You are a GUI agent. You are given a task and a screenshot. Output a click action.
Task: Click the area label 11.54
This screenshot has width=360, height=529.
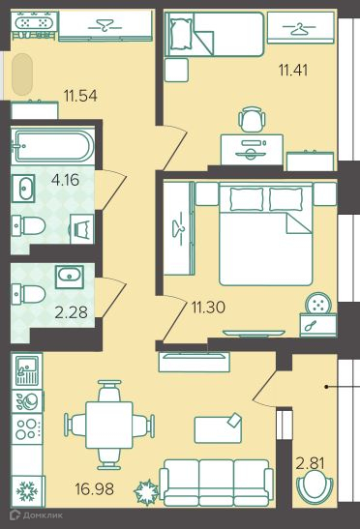tap(80, 96)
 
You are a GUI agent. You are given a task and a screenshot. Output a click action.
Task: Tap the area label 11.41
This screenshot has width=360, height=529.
tap(293, 71)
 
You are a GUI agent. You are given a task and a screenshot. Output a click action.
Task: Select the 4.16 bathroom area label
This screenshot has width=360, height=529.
tap(66, 180)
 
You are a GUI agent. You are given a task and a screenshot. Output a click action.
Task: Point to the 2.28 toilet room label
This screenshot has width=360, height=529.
tap(71, 312)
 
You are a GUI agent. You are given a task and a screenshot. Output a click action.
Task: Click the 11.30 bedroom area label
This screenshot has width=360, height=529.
tap(208, 308)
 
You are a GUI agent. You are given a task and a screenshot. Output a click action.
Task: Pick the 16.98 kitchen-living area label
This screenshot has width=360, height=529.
tap(94, 488)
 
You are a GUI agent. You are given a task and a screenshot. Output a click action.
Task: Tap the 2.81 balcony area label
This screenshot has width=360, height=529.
tap(310, 463)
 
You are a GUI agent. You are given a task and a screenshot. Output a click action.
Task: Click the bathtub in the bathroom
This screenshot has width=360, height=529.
tap(52, 146)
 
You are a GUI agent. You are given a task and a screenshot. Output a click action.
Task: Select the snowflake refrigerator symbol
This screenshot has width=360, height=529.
tap(27, 491)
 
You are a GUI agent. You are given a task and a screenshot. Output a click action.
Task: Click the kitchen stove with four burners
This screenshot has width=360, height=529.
tap(27, 429)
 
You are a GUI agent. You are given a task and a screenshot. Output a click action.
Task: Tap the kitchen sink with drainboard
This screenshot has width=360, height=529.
tap(27, 370)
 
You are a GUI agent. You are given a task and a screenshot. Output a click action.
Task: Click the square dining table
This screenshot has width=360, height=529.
tap(109, 425)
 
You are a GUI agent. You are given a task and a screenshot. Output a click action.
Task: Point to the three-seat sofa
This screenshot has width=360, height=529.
tap(217, 483)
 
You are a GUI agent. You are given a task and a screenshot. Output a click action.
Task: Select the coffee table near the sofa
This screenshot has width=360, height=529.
tap(218, 427)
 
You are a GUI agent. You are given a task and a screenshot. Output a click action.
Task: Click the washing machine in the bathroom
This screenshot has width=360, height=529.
tap(81, 229)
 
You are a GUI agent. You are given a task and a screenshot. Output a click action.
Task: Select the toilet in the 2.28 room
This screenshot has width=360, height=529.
tap(28, 294)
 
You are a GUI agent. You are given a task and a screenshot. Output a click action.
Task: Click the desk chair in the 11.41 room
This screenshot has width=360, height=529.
tap(252, 119)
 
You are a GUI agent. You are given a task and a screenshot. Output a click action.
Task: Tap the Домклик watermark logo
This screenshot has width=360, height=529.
tap(37, 515)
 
